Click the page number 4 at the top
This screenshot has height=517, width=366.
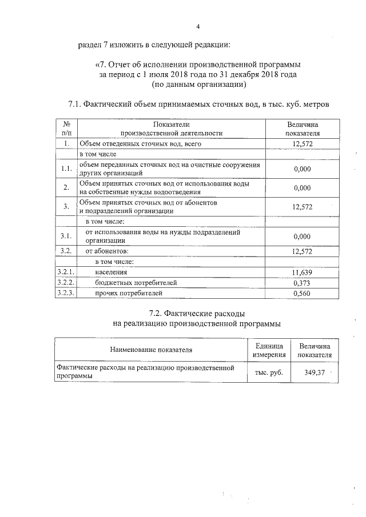point(198,27)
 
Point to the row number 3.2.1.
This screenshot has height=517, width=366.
point(66,272)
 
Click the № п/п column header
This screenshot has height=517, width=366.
point(66,128)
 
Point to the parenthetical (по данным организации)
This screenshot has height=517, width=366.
point(198,85)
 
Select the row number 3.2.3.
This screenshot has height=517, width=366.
point(66,293)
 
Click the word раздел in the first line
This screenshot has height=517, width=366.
point(89,45)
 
